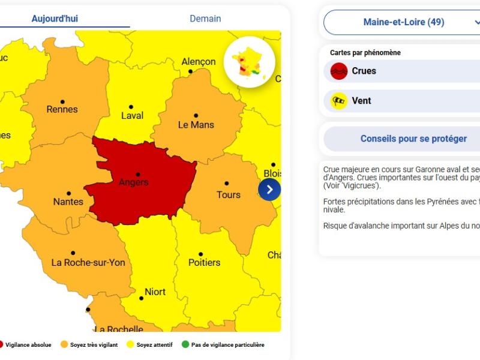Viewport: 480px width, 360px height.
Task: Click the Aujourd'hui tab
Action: point(55,19)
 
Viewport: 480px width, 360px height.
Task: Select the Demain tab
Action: point(205,19)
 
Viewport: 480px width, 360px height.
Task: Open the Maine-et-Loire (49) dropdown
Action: point(403,22)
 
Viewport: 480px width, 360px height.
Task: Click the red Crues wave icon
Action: point(339,71)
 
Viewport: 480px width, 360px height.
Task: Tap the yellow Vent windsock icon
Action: point(339,101)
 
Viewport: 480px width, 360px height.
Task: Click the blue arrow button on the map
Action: point(269,190)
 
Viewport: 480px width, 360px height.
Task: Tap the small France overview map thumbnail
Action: point(250,62)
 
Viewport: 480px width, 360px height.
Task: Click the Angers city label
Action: point(133,182)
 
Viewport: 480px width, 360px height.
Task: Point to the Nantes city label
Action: point(68,202)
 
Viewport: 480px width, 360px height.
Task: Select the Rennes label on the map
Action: point(62,109)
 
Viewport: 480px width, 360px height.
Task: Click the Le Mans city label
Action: point(196,125)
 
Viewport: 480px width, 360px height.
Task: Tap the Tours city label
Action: point(228,195)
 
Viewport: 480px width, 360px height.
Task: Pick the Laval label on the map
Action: point(132,115)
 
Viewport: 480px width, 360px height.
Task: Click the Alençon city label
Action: point(199,62)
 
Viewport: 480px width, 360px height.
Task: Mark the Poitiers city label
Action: point(204,263)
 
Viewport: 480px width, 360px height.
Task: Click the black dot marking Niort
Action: point(141,298)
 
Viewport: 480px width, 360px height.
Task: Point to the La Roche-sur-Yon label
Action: point(88,263)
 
